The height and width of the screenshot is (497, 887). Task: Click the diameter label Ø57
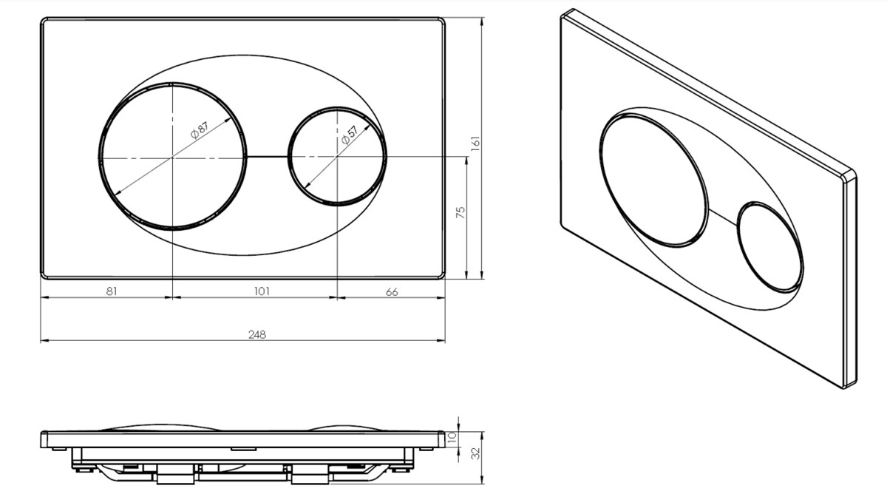tap(349, 135)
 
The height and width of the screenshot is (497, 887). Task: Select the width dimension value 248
tap(257, 335)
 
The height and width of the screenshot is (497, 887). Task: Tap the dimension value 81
tap(112, 291)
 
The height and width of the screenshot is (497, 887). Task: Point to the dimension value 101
tap(262, 291)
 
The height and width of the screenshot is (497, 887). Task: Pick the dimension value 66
tap(392, 292)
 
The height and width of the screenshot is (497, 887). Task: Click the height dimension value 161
tap(475, 143)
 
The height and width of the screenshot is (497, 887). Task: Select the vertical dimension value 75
tap(461, 212)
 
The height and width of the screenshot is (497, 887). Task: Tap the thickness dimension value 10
tap(452, 438)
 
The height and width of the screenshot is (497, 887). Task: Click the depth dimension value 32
tap(476, 453)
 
